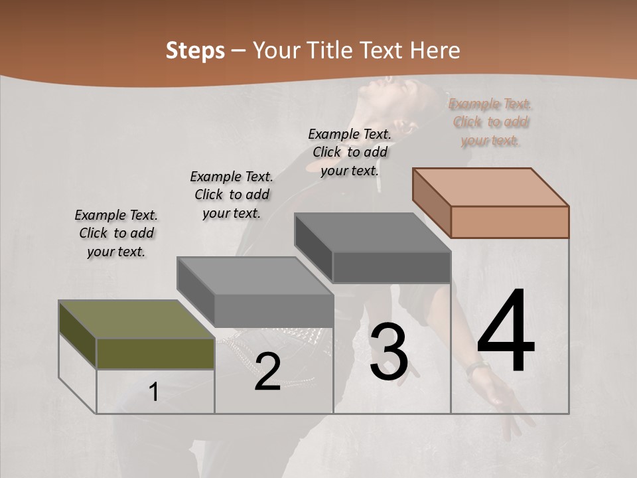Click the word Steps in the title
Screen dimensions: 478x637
195,50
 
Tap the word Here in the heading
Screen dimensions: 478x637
435,50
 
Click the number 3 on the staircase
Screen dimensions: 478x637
389,352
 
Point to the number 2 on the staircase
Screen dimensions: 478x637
267,372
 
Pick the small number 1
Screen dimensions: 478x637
153,392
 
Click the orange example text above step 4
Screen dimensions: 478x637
490,122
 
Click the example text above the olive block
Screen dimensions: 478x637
116,233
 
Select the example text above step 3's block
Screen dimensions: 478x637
350,152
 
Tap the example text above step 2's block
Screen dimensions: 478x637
232,195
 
